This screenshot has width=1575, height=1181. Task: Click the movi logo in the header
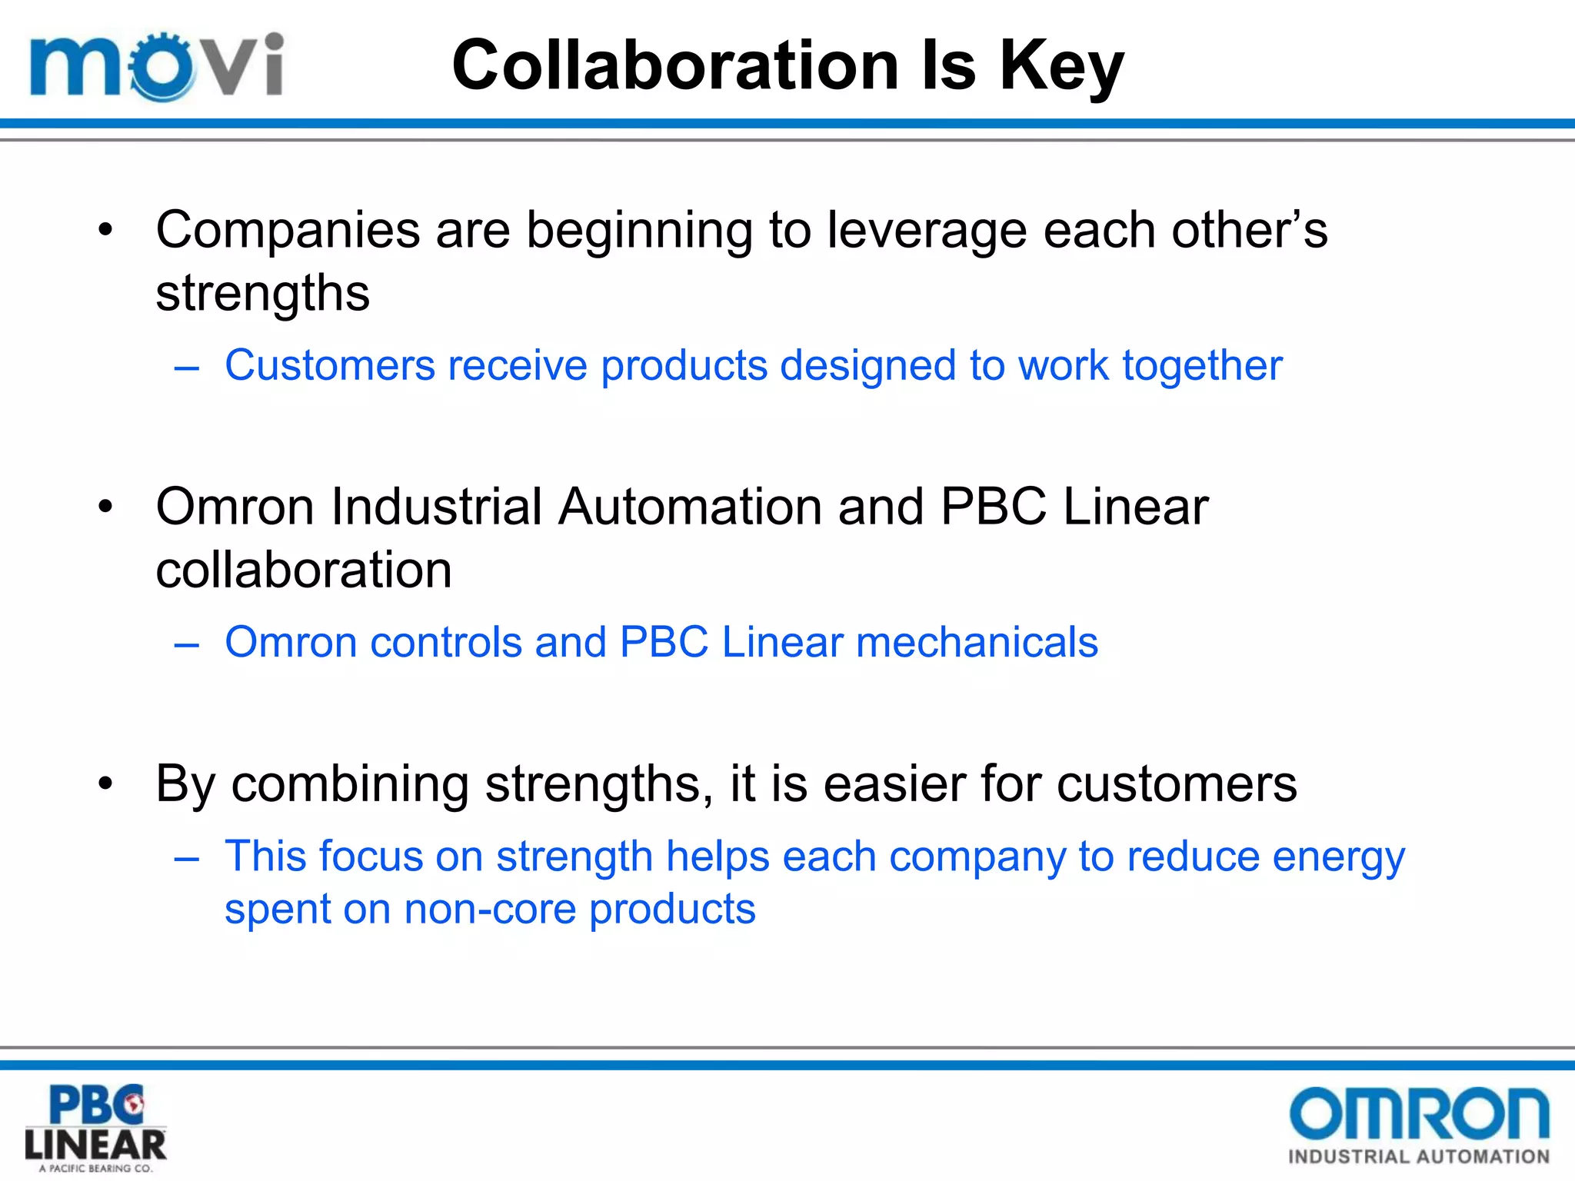pos(156,66)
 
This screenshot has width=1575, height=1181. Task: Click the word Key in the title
pos(1061,66)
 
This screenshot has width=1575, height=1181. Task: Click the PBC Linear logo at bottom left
pos(95,1127)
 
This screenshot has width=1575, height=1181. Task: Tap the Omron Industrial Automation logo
pos(1419,1126)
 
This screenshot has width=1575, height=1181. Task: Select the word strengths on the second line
pos(262,293)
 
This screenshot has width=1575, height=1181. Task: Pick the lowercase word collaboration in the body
pos(304,570)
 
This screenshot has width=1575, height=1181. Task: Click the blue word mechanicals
pos(977,641)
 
